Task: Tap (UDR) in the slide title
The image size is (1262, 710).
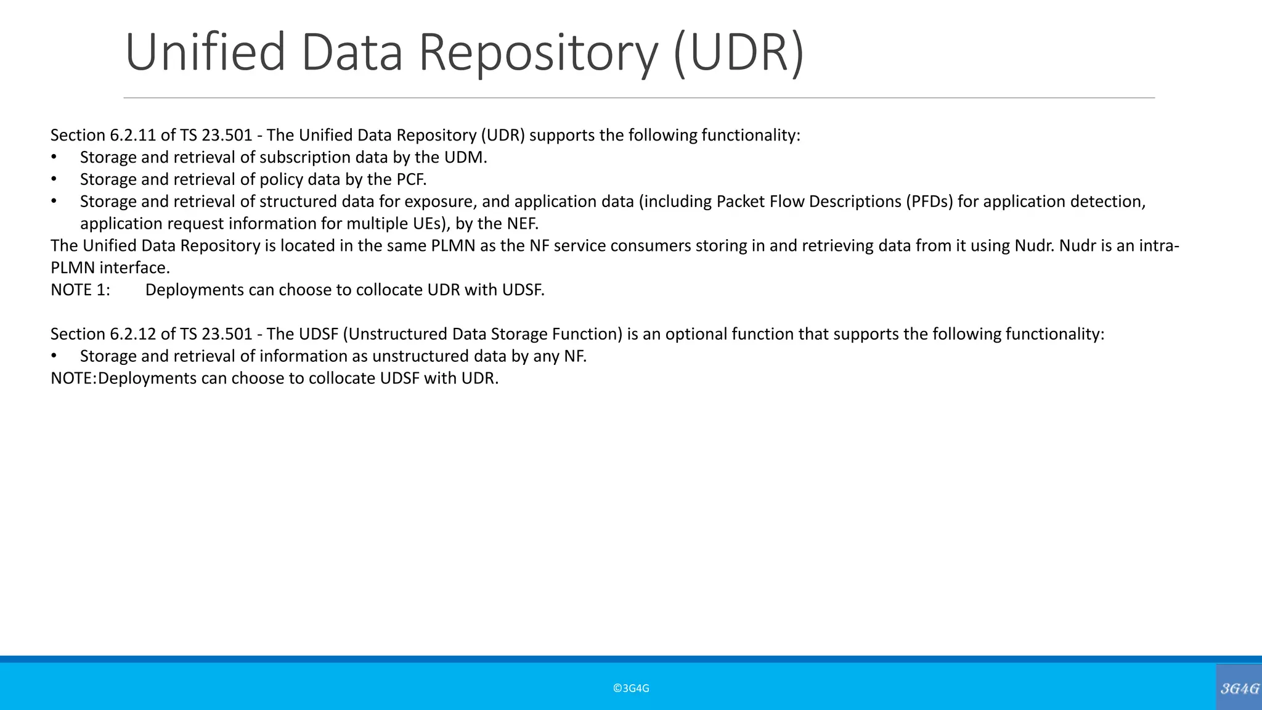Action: [x=739, y=53]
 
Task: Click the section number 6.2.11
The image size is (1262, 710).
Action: [x=132, y=135]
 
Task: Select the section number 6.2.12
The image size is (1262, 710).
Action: [x=132, y=334]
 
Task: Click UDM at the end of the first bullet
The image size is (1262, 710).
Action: [x=465, y=157]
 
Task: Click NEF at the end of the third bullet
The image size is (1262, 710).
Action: [x=523, y=223]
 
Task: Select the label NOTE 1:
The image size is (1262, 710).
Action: [x=80, y=290]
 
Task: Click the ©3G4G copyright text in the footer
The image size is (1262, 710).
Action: [x=631, y=688]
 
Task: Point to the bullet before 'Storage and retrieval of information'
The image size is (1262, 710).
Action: [x=54, y=356]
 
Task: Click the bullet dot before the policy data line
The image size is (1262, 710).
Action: [x=54, y=179]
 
